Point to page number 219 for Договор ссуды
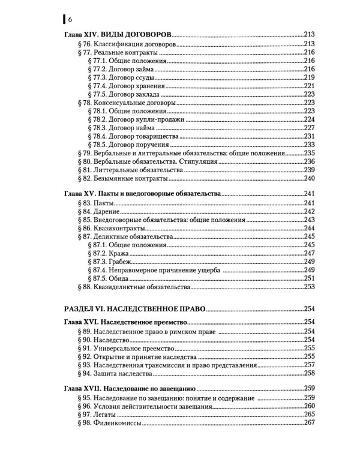pyautogui.click(x=309, y=77)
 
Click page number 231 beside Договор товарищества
pyautogui.click(x=309, y=136)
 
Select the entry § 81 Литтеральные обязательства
pyautogui.click(x=123, y=170)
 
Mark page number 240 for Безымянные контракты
pyautogui.click(x=309, y=178)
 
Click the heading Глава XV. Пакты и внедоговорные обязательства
pyautogui.click(x=142, y=195)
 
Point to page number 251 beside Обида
pyautogui.click(x=309, y=278)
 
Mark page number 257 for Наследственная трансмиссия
pyautogui.click(x=309, y=364)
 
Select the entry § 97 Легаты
pyautogui.click(x=95, y=413)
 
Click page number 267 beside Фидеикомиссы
pyautogui.click(x=309, y=422)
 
